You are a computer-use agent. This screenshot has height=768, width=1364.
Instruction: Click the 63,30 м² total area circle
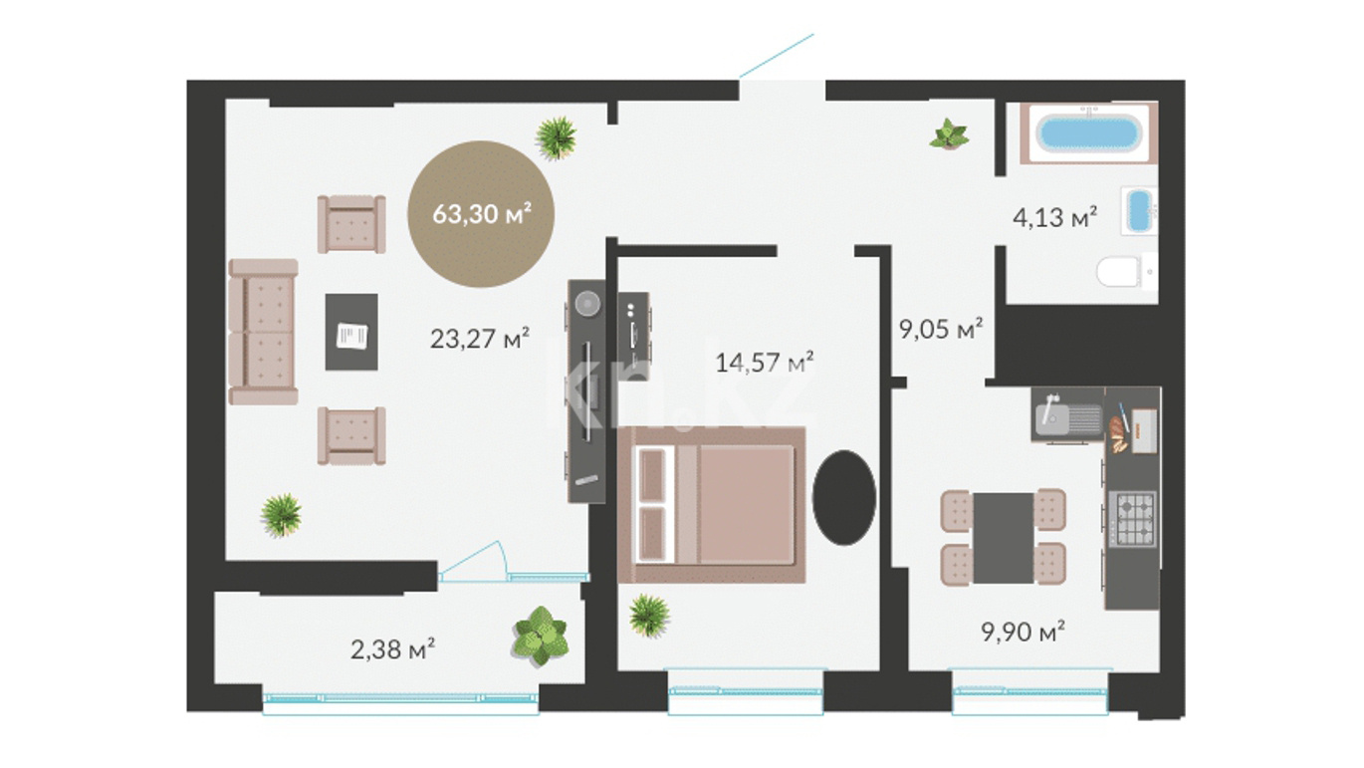pos(481,214)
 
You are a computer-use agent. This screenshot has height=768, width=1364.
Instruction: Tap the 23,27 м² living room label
pos(479,339)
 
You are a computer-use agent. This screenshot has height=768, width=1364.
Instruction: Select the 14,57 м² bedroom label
pos(765,363)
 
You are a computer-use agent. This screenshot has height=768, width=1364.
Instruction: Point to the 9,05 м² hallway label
pos(941,329)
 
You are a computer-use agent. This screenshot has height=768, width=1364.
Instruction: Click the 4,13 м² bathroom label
pos(1054,217)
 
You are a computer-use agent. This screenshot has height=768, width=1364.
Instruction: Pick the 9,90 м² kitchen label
pos(1023,632)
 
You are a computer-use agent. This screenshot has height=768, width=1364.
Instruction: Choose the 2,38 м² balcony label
pos(392,649)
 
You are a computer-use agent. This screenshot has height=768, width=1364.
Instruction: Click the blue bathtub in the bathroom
pos(1088,133)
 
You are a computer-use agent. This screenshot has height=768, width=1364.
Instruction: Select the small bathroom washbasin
pos(1139,211)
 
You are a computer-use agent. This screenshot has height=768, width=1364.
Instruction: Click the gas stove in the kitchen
pos(1132,519)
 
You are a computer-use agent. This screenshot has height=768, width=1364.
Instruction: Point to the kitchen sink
pos(1067,414)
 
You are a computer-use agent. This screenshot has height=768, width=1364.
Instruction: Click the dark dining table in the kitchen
pos(1003,537)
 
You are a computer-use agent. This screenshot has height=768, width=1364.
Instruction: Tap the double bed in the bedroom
pos(712,505)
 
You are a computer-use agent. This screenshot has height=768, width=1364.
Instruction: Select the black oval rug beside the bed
pos(844,497)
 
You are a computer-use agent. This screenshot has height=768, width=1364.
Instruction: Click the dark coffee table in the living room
pos(351,332)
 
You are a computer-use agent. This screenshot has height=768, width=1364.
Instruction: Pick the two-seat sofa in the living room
pos(263,332)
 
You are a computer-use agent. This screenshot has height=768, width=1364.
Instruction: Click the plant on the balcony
pos(541,637)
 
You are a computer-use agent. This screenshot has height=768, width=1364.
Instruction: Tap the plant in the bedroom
pos(649,616)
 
